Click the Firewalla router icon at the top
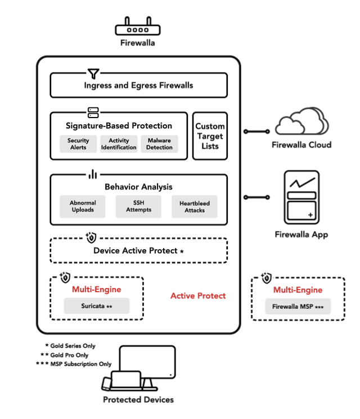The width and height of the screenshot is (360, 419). coord(138,26)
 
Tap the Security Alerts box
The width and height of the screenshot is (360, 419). coord(78,144)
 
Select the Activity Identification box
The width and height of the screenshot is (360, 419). coord(119,144)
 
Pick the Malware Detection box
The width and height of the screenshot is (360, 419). coord(159,144)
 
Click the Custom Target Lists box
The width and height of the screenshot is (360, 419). coord(210,136)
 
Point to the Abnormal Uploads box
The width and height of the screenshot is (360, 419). coord(83,206)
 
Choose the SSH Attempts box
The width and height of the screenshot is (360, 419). coord(138,206)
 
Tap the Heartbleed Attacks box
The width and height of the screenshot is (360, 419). coord(195,206)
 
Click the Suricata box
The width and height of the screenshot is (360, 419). coord(97,306)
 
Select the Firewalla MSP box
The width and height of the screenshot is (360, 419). coord(298,307)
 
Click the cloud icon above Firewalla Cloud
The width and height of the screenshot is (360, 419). coord(302,121)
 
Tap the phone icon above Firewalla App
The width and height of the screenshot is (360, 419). coord(301,197)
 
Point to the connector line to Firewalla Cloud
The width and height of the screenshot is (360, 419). coord(256,132)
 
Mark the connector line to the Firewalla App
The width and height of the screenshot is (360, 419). coord(256,197)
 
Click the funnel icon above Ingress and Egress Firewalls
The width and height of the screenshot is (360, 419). coord(93,74)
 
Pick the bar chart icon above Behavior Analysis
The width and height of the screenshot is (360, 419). coord(93,174)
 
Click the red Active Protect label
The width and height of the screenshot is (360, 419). coord(198,296)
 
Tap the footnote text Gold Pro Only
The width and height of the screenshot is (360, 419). coord(69,355)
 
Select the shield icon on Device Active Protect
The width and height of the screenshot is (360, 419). coord(91,237)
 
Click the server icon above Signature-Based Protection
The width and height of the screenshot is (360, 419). coord(93,113)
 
